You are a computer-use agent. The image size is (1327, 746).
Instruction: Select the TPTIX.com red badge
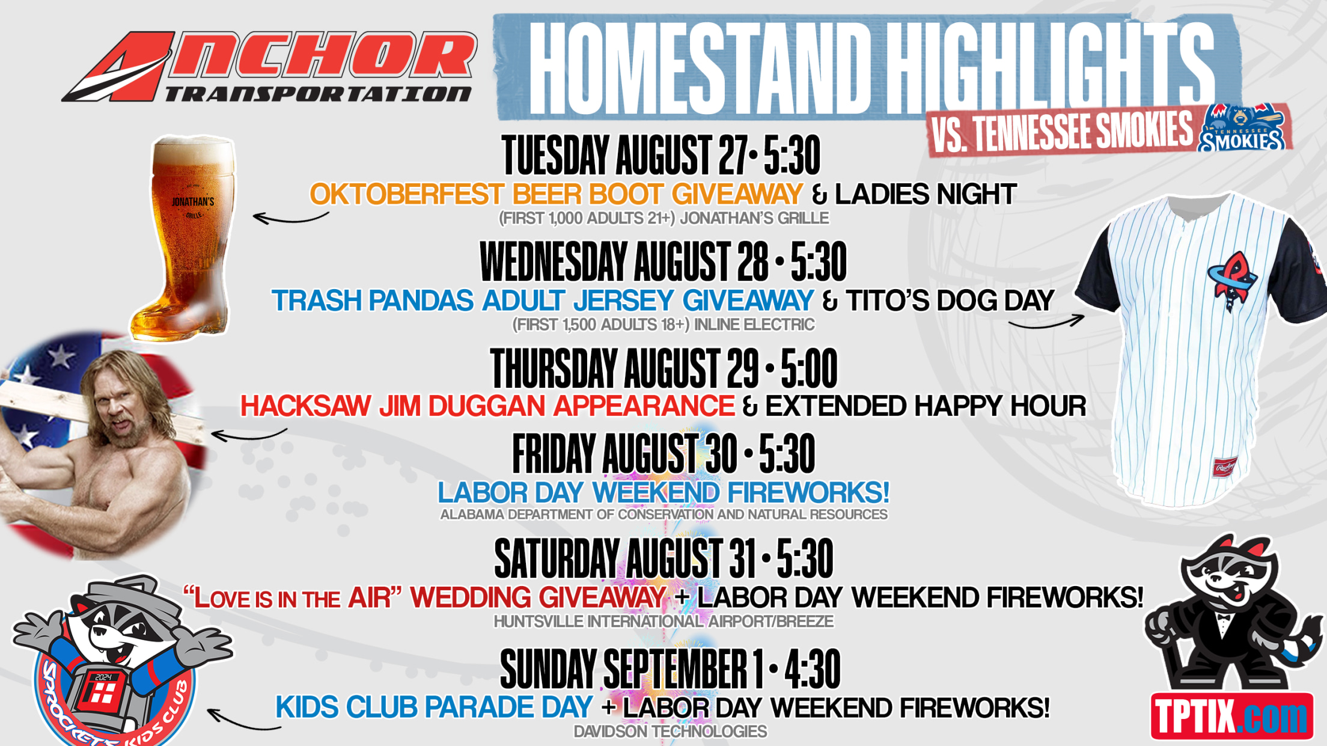pos(1231,716)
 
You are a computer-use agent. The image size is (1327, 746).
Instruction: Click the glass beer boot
pos(184,238)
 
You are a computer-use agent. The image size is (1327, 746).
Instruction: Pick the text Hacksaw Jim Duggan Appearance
pos(487,406)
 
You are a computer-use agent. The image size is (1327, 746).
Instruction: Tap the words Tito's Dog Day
pos(950,301)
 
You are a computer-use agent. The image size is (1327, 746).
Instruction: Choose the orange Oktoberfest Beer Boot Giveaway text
pos(557,194)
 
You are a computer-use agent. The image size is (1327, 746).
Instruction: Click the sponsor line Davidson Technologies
pos(670,732)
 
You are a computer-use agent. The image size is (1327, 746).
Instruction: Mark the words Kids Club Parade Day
pos(435,708)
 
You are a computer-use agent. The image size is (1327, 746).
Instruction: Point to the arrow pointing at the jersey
pos(1046,323)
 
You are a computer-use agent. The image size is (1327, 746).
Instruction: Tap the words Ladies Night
pos(926,194)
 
